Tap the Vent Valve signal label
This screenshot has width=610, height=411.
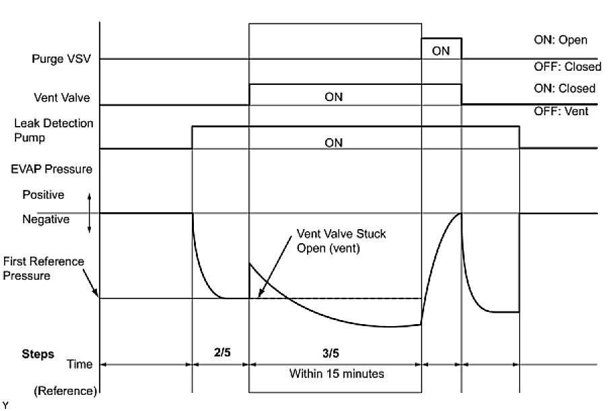(63, 97)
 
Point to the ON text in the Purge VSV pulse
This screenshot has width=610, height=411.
(441, 51)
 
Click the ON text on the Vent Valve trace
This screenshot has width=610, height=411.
(333, 97)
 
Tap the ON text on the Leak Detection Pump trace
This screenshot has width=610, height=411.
(333, 143)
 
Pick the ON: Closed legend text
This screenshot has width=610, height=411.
(564, 88)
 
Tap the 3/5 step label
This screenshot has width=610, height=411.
(334, 352)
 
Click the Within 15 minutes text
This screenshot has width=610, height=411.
(334, 372)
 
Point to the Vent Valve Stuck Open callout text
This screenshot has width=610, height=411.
(333, 240)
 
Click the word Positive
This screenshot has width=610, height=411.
(43, 195)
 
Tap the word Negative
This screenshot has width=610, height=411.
(45, 219)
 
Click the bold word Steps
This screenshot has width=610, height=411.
(38, 354)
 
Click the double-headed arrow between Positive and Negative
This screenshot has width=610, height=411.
(89, 213)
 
